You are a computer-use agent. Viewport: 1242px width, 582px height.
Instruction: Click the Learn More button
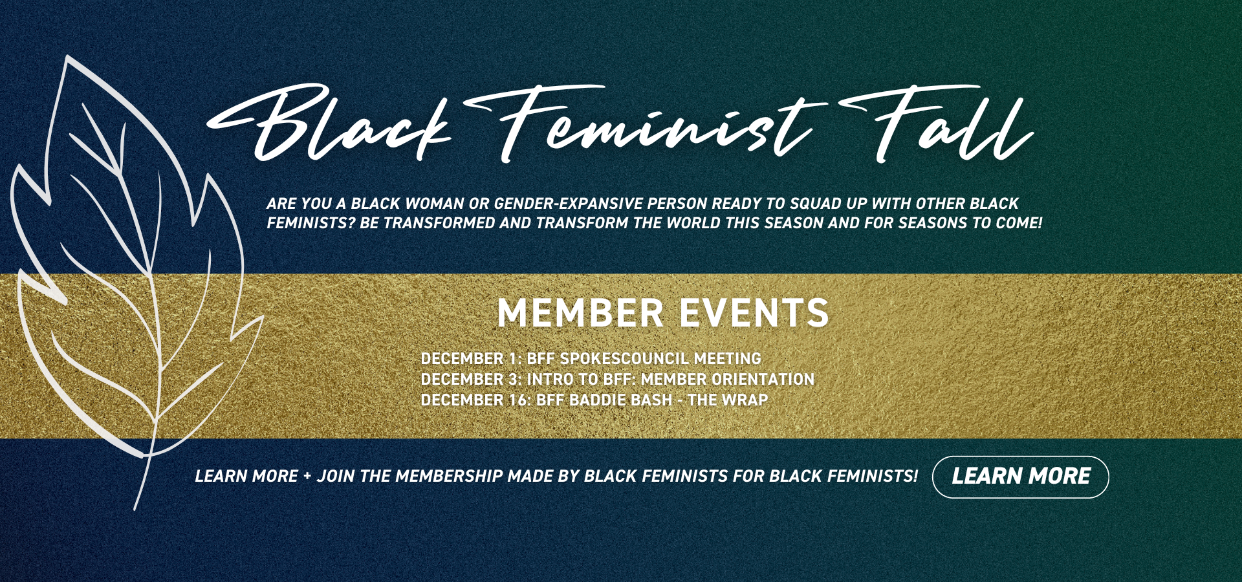pyautogui.click(x=1020, y=477)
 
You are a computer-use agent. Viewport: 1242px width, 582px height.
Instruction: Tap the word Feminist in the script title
pyautogui.click(x=647, y=124)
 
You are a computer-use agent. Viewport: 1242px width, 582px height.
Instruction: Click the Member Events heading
pyautogui.click(x=662, y=313)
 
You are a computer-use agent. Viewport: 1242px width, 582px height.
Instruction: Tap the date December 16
pyautogui.click(x=475, y=400)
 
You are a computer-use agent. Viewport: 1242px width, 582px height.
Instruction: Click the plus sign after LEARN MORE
pyautogui.click(x=307, y=477)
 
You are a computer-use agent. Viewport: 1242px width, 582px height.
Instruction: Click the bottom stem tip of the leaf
pyautogui.click(x=135, y=510)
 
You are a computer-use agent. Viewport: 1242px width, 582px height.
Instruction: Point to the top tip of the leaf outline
pyautogui.click(x=67, y=56)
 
